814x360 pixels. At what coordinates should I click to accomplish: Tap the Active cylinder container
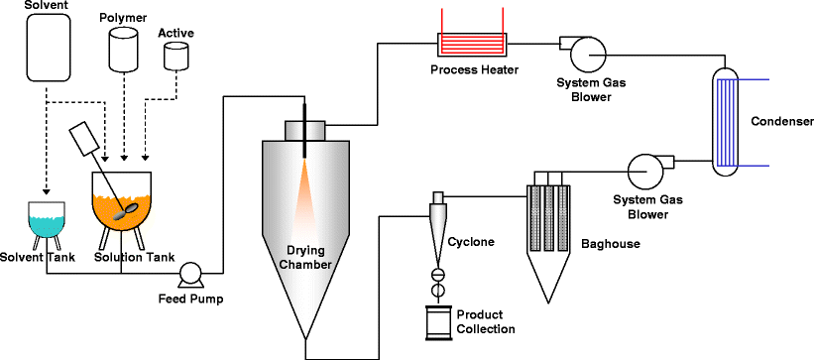(175, 56)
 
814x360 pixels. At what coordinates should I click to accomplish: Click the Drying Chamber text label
(304, 256)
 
